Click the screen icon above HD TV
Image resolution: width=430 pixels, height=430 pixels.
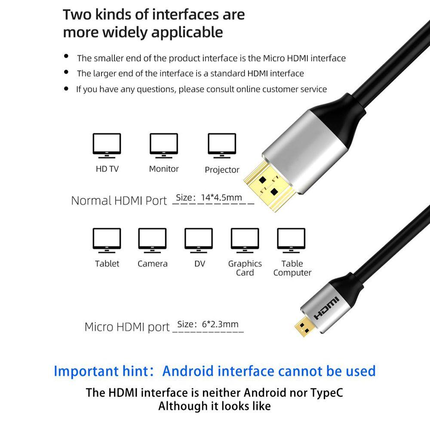click(x=107, y=146)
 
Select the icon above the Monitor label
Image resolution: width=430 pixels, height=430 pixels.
click(x=164, y=146)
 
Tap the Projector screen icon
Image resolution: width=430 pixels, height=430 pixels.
click(x=222, y=146)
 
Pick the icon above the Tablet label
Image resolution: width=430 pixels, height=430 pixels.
click(x=107, y=240)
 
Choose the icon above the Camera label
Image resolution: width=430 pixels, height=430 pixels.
click(x=152, y=240)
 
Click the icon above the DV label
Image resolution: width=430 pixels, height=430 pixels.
click(x=199, y=240)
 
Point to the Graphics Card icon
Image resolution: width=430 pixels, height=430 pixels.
click(x=245, y=240)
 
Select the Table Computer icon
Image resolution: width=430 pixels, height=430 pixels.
click(x=291, y=240)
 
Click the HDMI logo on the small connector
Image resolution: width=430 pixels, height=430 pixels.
click(x=326, y=308)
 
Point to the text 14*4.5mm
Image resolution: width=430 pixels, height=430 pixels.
click(x=221, y=197)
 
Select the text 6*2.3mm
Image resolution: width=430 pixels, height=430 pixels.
click(x=220, y=324)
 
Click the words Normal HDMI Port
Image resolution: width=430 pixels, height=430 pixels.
click(x=119, y=201)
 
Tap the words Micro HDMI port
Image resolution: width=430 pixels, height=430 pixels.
click(x=127, y=327)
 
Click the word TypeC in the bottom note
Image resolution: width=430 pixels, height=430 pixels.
click(x=327, y=393)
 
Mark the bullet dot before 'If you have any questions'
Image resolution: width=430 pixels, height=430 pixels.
click(x=66, y=89)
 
